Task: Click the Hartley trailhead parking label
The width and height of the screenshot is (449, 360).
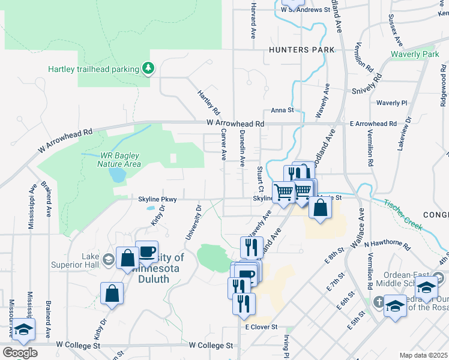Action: (x=94, y=68)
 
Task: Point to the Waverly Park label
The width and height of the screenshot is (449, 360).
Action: (x=415, y=55)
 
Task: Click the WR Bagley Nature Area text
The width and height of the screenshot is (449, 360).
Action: (x=120, y=160)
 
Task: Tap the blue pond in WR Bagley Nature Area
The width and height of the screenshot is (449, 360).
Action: (x=118, y=175)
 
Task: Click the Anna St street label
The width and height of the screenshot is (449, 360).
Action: (x=282, y=110)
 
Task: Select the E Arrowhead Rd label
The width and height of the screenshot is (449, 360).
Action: (x=373, y=124)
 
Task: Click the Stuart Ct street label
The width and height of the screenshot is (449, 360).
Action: (x=260, y=176)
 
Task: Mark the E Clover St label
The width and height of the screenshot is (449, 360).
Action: (x=261, y=327)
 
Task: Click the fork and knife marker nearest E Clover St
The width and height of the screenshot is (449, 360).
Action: (x=244, y=303)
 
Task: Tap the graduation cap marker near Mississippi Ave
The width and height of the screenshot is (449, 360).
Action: (x=24, y=329)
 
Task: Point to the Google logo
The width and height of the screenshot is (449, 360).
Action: (x=19, y=352)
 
